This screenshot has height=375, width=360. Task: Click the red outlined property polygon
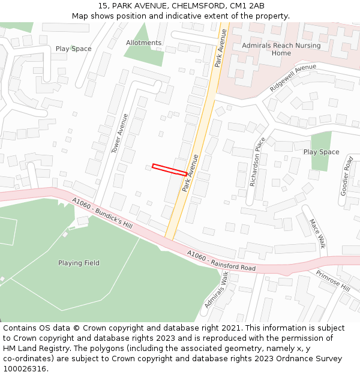[x=169, y=170]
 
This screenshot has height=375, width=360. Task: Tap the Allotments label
[x=143, y=43]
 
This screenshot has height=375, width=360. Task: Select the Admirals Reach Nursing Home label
[x=281, y=49]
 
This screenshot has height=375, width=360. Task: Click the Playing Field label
[x=79, y=263]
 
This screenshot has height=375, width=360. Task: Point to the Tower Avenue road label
[x=120, y=133]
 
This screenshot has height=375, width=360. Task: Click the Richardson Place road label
[x=257, y=161]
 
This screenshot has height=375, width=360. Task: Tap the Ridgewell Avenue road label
[x=293, y=78]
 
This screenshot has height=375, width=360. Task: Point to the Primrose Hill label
[x=332, y=280]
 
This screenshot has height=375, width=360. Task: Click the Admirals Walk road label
[x=216, y=290]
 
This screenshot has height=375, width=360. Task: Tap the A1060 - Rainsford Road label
[x=221, y=261]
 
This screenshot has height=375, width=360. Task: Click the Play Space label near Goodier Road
[x=321, y=152]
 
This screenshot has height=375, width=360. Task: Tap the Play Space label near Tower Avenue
[x=73, y=49]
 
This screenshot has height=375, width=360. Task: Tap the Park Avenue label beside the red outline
[x=191, y=173]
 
